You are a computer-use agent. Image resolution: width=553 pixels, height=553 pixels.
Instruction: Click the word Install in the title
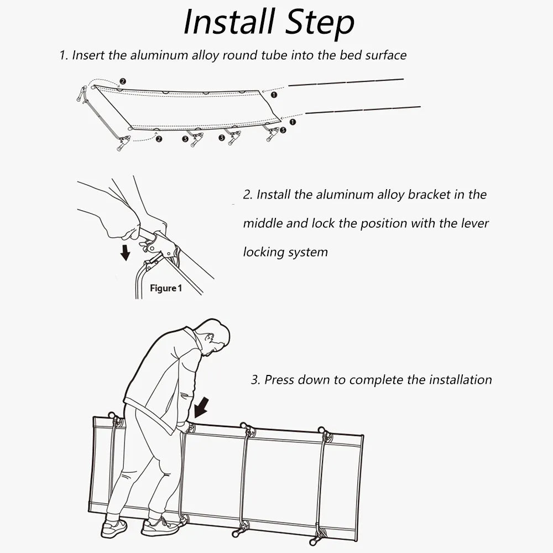click(x=228, y=23)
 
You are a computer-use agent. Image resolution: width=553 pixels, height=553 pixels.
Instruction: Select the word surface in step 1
click(x=384, y=55)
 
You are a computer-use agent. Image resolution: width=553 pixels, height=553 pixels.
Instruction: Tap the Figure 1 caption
click(x=165, y=288)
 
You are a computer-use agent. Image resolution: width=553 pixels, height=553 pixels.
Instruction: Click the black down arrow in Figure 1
click(x=126, y=252)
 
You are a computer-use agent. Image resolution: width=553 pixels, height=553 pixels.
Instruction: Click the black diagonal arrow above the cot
click(x=200, y=408)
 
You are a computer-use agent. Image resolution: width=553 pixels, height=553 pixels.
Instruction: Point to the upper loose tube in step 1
click(x=346, y=82)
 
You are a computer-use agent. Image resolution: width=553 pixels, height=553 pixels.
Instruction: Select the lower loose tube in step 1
click(x=362, y=109)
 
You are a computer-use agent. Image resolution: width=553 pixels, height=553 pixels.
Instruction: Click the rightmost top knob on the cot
click(x=321, y=430)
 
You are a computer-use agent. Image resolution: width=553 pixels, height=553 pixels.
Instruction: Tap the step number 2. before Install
click(x=248, y=195)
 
